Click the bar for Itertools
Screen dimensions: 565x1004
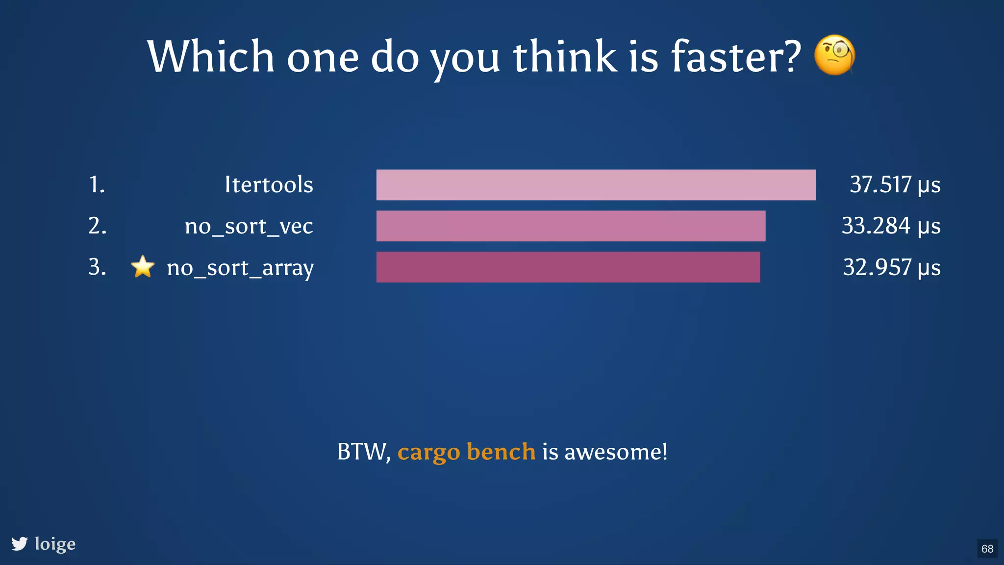[596, 185]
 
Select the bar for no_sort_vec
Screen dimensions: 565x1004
[571, 226]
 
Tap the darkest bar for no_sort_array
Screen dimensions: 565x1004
[568, 267]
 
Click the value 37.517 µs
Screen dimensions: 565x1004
[895, 185]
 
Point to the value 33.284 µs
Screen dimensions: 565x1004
[891, 226]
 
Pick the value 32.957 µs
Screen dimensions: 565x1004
[891, 268]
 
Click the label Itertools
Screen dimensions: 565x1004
[269, 185]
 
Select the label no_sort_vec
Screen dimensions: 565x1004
[249, 227]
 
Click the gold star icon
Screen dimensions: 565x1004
[143, 267]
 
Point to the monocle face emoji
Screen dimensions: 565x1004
[834, 55]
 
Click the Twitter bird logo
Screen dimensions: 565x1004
[20, 544]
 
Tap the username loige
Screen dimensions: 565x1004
[55, 544]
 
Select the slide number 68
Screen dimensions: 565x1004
[987, 549]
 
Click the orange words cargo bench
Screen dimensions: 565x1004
[466, 452]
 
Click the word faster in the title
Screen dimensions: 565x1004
[735, 57]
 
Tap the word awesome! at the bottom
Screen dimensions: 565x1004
[616, 452]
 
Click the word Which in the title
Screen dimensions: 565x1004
[210, 57]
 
